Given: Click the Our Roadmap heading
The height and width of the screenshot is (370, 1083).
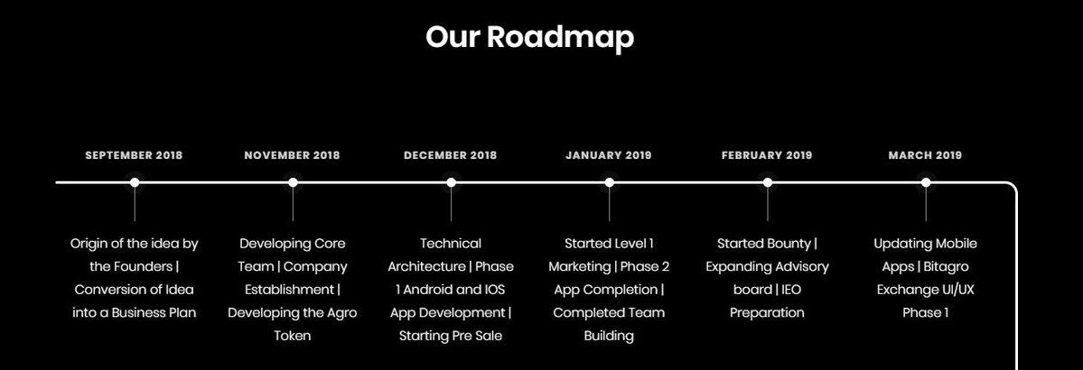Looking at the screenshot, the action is (530, 37).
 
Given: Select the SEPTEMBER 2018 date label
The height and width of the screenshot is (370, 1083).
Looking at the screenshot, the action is (134, 155).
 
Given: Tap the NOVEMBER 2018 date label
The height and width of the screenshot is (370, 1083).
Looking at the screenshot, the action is (292, 155).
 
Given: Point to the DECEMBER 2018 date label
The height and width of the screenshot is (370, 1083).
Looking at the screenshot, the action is (451, 155).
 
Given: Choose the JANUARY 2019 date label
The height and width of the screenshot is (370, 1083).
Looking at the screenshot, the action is (609, 155).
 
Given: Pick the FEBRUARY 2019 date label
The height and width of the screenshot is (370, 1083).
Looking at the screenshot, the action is (768, 155).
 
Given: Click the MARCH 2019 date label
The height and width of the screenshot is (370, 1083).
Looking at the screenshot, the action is (926, 155).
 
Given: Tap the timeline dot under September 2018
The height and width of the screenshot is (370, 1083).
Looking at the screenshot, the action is (135, 182).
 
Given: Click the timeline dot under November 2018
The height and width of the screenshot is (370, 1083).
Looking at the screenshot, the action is (293, 182).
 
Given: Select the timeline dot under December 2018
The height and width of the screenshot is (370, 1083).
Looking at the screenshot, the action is (451, 182).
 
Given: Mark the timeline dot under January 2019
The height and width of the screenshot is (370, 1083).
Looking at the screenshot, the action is (609, 182).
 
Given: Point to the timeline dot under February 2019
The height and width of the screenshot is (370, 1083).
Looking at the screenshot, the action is (768, 182).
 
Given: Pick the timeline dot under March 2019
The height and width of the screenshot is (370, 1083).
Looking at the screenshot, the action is (926, 182).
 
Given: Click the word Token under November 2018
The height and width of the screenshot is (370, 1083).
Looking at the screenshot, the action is (292, 337).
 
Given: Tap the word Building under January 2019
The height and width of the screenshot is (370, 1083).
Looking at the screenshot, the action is (609, 337).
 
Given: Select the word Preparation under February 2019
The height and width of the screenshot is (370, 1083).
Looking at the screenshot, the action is (768, 313).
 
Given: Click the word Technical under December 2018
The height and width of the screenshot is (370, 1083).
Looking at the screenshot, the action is (451, 244).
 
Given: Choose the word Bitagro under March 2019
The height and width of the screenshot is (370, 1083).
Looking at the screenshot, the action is (946, 267).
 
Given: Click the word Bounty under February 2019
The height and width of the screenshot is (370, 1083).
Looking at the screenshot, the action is (789, 245).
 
